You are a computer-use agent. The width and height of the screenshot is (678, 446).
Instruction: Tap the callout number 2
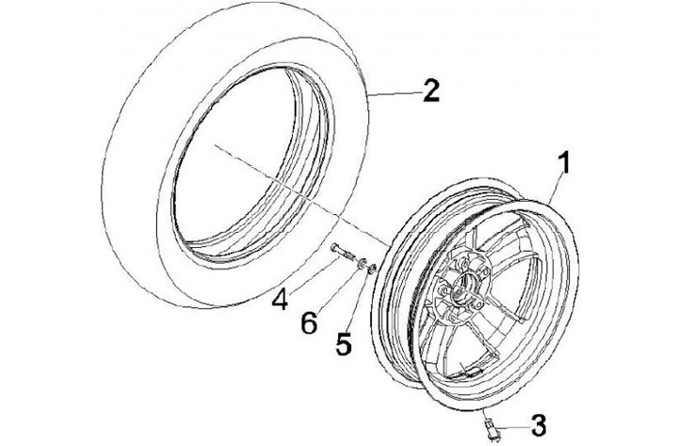click(429, 92)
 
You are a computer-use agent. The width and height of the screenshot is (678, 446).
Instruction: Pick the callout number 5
click(345, 343)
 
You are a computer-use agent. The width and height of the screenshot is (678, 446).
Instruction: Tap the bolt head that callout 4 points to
click(336, 247)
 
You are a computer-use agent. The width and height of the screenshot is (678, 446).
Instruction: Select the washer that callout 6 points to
click(361, 261)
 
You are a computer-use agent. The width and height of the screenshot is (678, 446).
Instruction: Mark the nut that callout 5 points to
click(373, 269)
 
